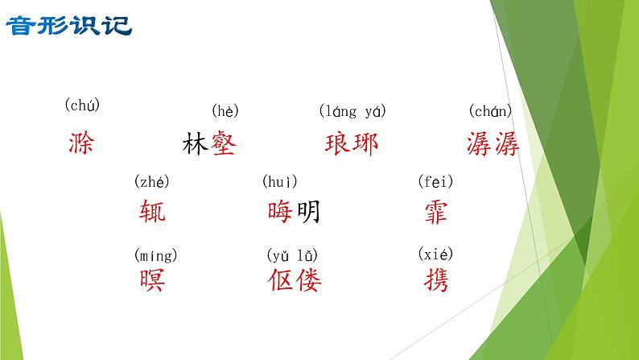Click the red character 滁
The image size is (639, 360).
click(81, 144)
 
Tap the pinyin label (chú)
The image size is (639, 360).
click(82, 105)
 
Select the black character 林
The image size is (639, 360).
click(196, 144)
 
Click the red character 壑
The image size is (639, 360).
click(224, 144)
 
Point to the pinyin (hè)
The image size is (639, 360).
click(225, 111)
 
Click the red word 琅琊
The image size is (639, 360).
click(352, 144)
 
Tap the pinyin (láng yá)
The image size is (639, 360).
click(352, 111)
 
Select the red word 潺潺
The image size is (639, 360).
click(493, 144)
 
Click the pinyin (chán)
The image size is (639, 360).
click(490, 111)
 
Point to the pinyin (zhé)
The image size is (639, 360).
click(152, 182)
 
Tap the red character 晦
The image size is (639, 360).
click(280, 212)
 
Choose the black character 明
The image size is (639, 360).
click(307, 212)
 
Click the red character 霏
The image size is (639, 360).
click(435, 212)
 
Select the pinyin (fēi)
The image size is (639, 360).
click(435, 182)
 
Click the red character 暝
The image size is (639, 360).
click(152, 280)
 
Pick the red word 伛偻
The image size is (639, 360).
click(294, 280)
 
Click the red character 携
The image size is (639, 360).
click(435, 280)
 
